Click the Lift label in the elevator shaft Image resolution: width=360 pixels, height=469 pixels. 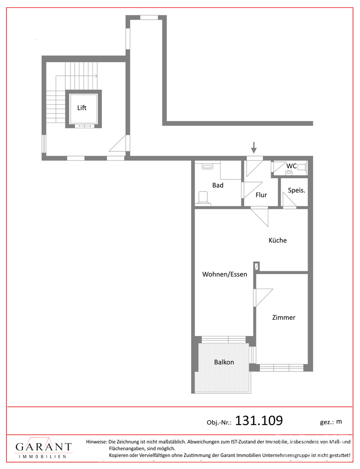(x=82, y=108)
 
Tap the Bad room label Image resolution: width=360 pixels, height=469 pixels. (x=218, y=185)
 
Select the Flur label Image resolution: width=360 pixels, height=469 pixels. (x=261, y=195)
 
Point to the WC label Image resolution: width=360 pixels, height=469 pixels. (x=291, y=166)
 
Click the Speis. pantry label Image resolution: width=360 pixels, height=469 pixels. (x=296, y=190)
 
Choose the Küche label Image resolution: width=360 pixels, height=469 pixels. (x=278, y=240)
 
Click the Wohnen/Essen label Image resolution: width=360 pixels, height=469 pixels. (x=225, y=274)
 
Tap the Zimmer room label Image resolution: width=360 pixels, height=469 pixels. (x=284, y=317)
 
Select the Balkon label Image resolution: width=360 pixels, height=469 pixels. (x=224, y=362)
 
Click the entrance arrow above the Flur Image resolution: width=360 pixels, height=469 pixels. (x=254, y=148)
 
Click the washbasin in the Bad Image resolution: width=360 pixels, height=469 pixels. (x=207, y=166)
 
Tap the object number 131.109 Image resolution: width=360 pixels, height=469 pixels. (x=259, y=420)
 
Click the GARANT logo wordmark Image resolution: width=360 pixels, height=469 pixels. (x=44, y=446)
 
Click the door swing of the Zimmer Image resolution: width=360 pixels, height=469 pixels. (x=263, y=298)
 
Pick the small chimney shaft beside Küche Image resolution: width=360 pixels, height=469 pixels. (x=256, y=266)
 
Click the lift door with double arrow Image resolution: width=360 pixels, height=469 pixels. (x=85, y=126)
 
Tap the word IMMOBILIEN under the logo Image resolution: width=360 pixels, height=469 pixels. (x=43, y=457)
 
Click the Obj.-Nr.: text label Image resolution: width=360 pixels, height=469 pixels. (x=219, y=423)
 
